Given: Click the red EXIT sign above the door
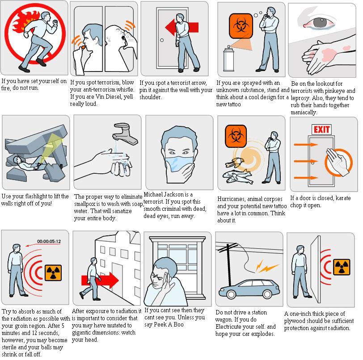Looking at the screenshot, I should (321, 130).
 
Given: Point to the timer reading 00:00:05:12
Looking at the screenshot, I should (49, 241).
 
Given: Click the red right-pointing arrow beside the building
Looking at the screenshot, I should (99, 280).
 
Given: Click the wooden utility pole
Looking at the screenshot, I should (229, 272).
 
